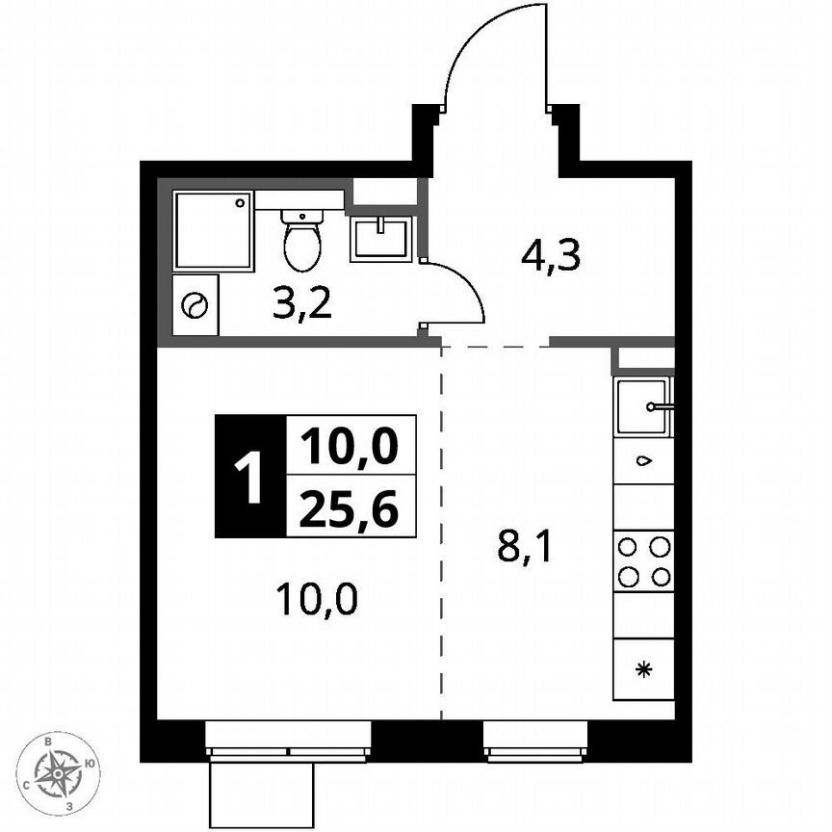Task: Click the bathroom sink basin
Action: click(381, 238)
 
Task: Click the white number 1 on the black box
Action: click(250, 477)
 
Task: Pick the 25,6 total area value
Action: click(351, 507)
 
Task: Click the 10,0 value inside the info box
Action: click(351, 446)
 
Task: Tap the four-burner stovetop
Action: click(643, 561)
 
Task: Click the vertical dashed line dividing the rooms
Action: click(442, 539)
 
